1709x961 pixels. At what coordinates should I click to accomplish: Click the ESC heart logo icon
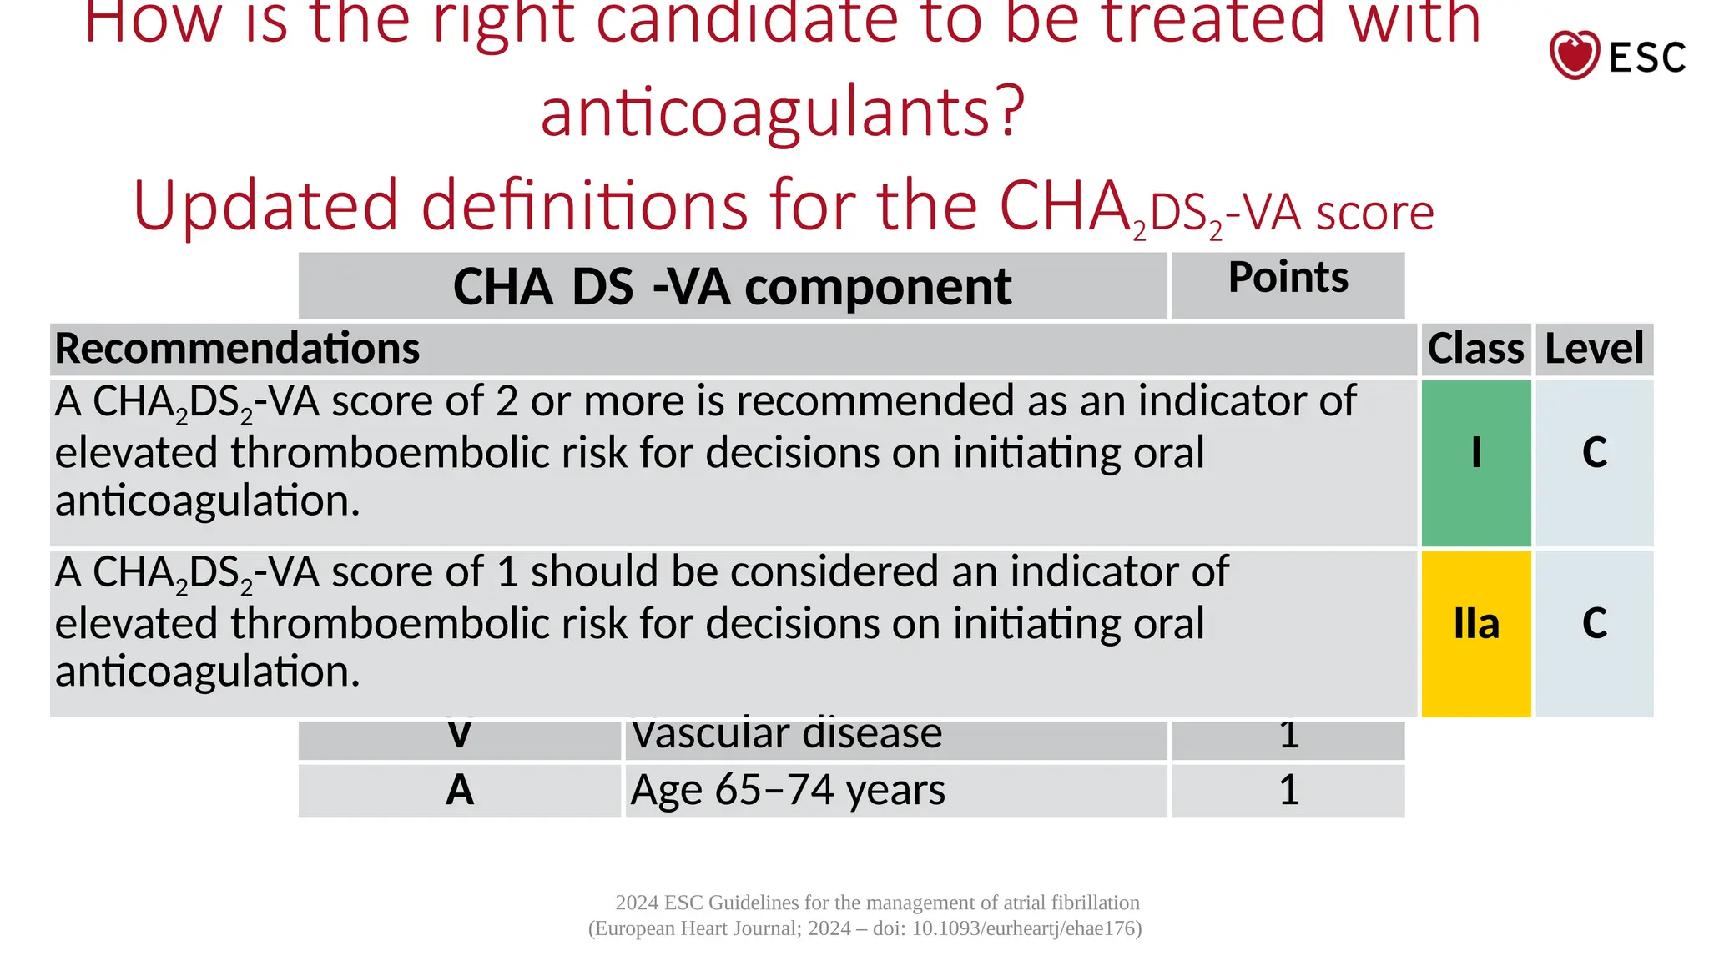coord(1574,55)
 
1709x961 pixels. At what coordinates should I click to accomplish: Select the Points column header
coord(1288,278)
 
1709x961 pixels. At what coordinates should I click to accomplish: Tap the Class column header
coord(1475,349)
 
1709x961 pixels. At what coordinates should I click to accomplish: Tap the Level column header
coord(1594,349)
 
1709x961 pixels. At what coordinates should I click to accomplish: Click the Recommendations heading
coord(237,349)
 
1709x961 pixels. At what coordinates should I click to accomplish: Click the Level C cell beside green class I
coord(1594,453)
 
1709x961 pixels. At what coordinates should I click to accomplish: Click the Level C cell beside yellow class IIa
coord(1594,624)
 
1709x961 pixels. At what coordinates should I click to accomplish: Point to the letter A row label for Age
coord(460,790)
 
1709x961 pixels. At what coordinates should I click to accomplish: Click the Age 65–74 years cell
coord(788,790)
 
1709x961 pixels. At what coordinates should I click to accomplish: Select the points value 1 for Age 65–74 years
coord(1288,790)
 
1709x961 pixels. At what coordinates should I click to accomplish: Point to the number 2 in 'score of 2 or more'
coord(507,402)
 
